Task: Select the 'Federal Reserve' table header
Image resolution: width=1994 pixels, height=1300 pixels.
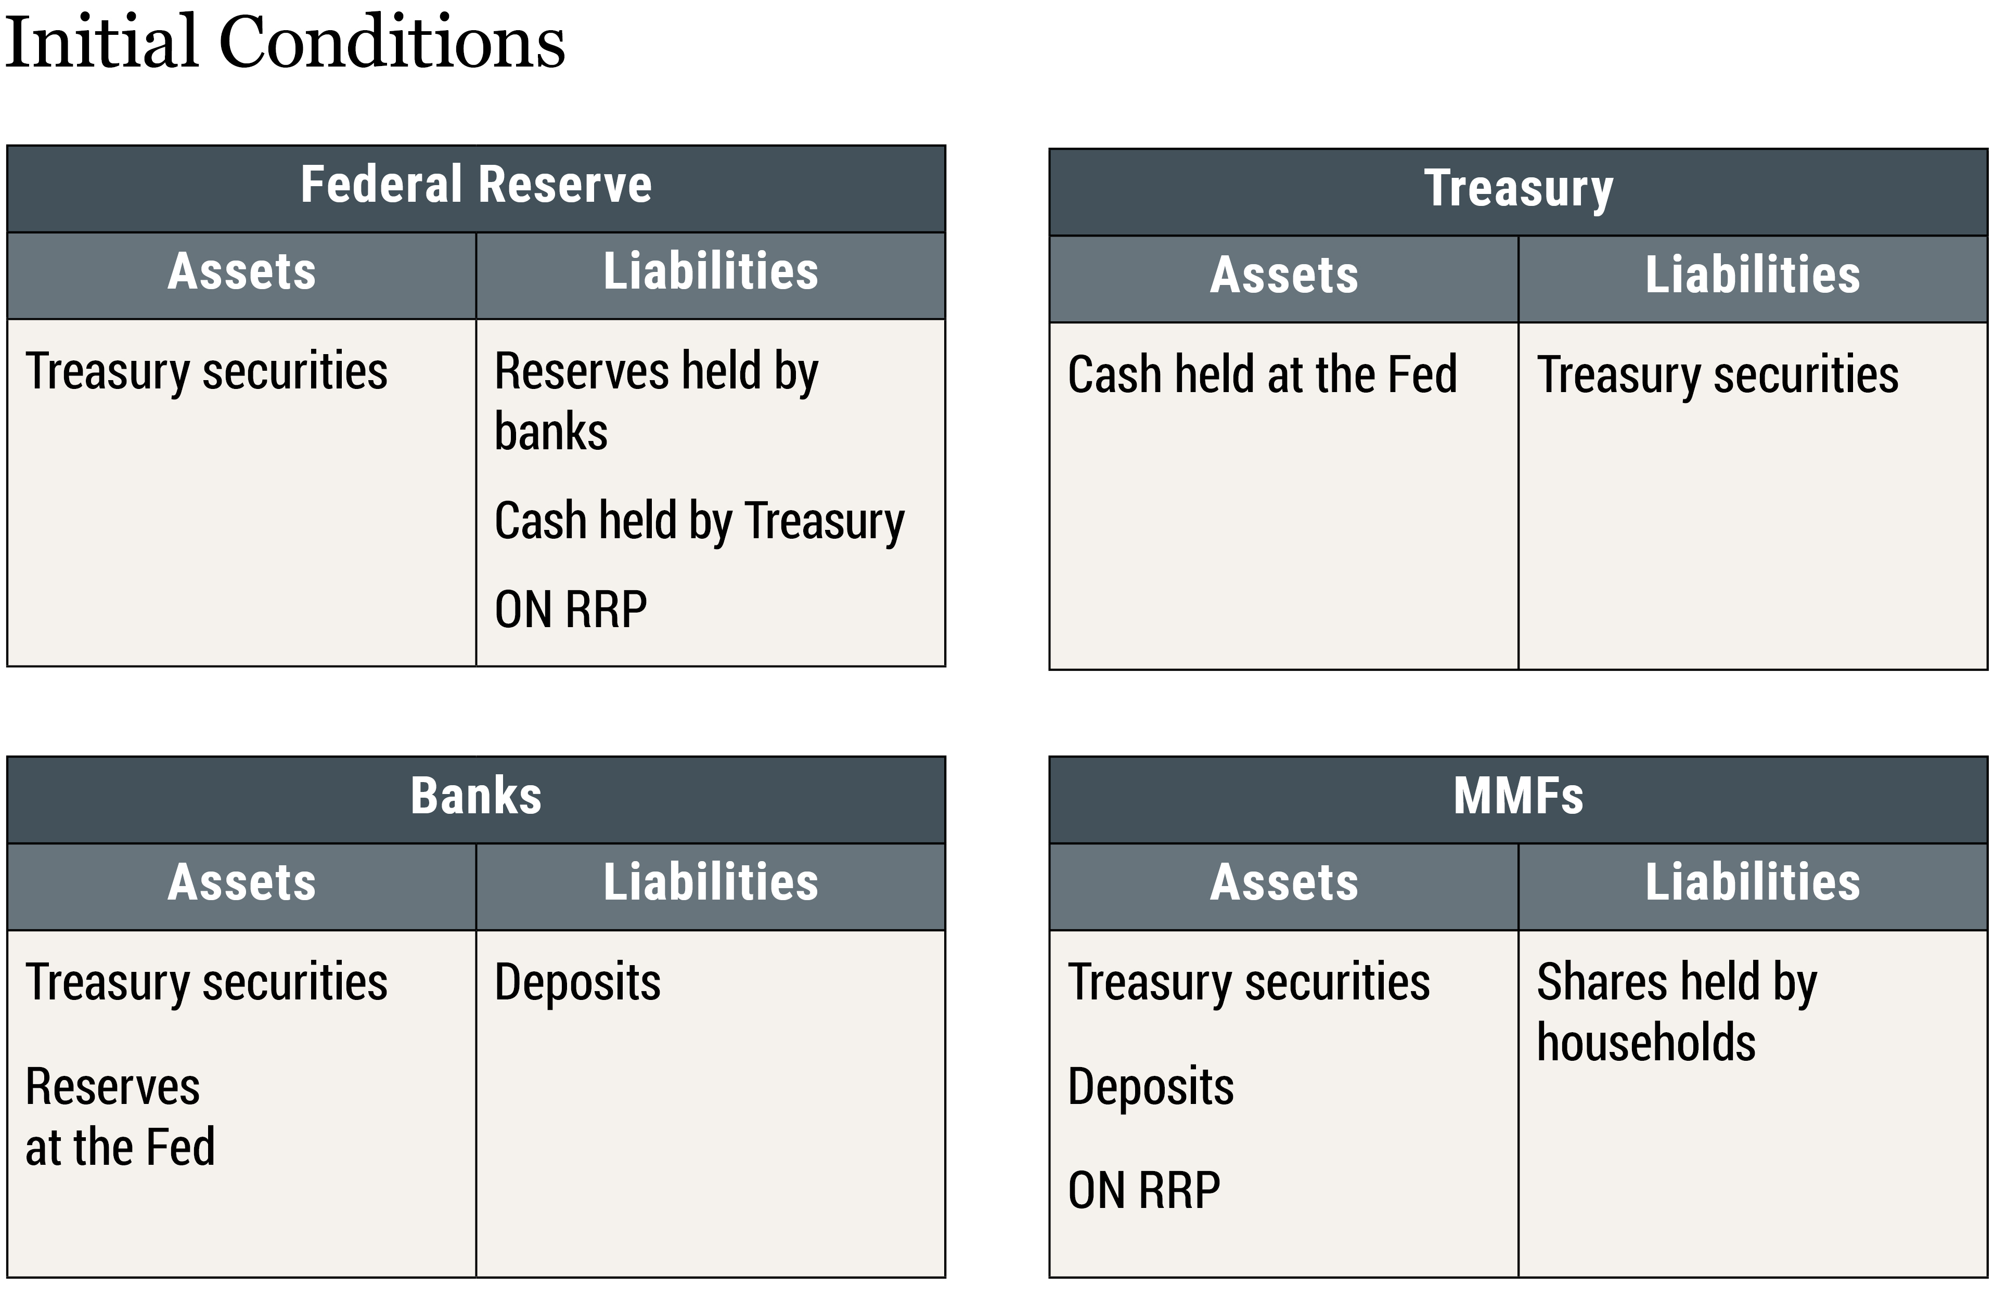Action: click(476, 185)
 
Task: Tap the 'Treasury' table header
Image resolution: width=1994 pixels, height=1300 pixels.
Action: click(1517, 188)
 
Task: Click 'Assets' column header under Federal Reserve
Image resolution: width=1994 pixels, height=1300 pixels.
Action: click(241, 272)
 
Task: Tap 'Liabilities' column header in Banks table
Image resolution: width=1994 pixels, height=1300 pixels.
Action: click(711, 883)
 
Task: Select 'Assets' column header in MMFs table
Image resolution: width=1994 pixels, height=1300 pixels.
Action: click(1283, 883)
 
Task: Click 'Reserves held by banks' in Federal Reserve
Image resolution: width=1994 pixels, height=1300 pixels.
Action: click(656, 400)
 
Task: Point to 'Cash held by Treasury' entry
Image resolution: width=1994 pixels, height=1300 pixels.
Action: click(700, 521)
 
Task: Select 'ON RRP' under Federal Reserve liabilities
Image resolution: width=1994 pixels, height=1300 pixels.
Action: click(571, 610)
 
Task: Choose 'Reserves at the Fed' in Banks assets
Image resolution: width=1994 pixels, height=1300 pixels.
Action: click(120, 1116)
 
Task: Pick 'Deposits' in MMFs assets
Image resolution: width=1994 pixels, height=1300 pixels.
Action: click(1150, 1087)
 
